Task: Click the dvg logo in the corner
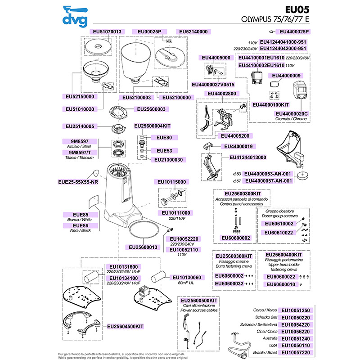coord(74,16)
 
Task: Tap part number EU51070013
coord(106,31)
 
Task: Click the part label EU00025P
coord(149,31)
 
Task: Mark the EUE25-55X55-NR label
coord(78,182)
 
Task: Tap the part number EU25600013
coord(143,247)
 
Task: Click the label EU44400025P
coord(295,31)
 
